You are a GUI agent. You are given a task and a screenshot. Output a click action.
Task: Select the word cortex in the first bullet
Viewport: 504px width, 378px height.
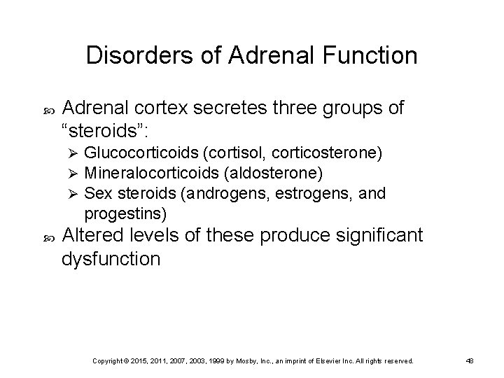point(168,107)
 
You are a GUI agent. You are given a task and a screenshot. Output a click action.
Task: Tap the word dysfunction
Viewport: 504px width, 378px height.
point(111,260)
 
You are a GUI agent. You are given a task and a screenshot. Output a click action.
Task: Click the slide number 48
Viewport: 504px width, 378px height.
point(470,360)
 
